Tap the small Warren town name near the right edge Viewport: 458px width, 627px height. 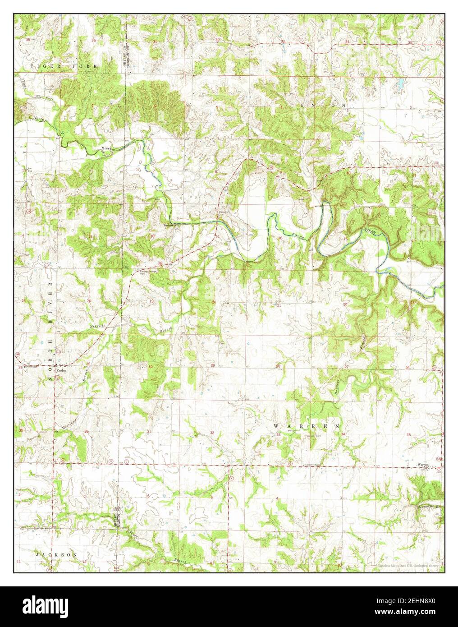click(422, 464)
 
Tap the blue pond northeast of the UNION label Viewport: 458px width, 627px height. click(399, 83)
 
